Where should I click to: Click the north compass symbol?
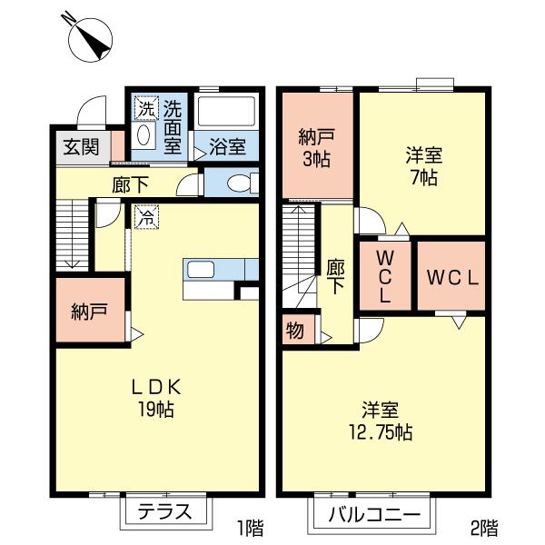pyautogui.click(x=90, y=39)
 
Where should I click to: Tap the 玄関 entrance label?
pyautogui.click(x=82, y=147)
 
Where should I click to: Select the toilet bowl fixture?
pyautogui.click(x=241, y=183)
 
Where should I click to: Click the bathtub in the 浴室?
pyautogui.click(x=226, y=111)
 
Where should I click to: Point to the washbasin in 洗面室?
pyautogui.click(x=144, y=135)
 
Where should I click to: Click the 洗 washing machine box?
pyautogui.click(x=146, y=108)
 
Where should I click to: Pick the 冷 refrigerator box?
pyautogui.click(x=146, y=217)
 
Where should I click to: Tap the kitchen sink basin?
pyautogui.click(x=201, y=270)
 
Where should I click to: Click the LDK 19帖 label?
pyautogui.click(x=156, y=397)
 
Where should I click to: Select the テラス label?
pyautogui.click(x=164, y=511)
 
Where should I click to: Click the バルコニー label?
pyautogui.click(x=374, y=514)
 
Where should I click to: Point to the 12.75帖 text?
pyautogui.click(x=381, y=432)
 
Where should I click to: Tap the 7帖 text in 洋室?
pyautogui.click(x=423, y=178)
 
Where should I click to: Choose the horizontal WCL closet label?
pyautogui.click(x=453, y=278)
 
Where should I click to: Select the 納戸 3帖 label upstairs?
pyautogui.click(x=316, y=147)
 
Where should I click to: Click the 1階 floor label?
pyautogui.click(x=251, y=528)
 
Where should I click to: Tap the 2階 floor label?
pyautogui.click(x=484, y=528)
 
